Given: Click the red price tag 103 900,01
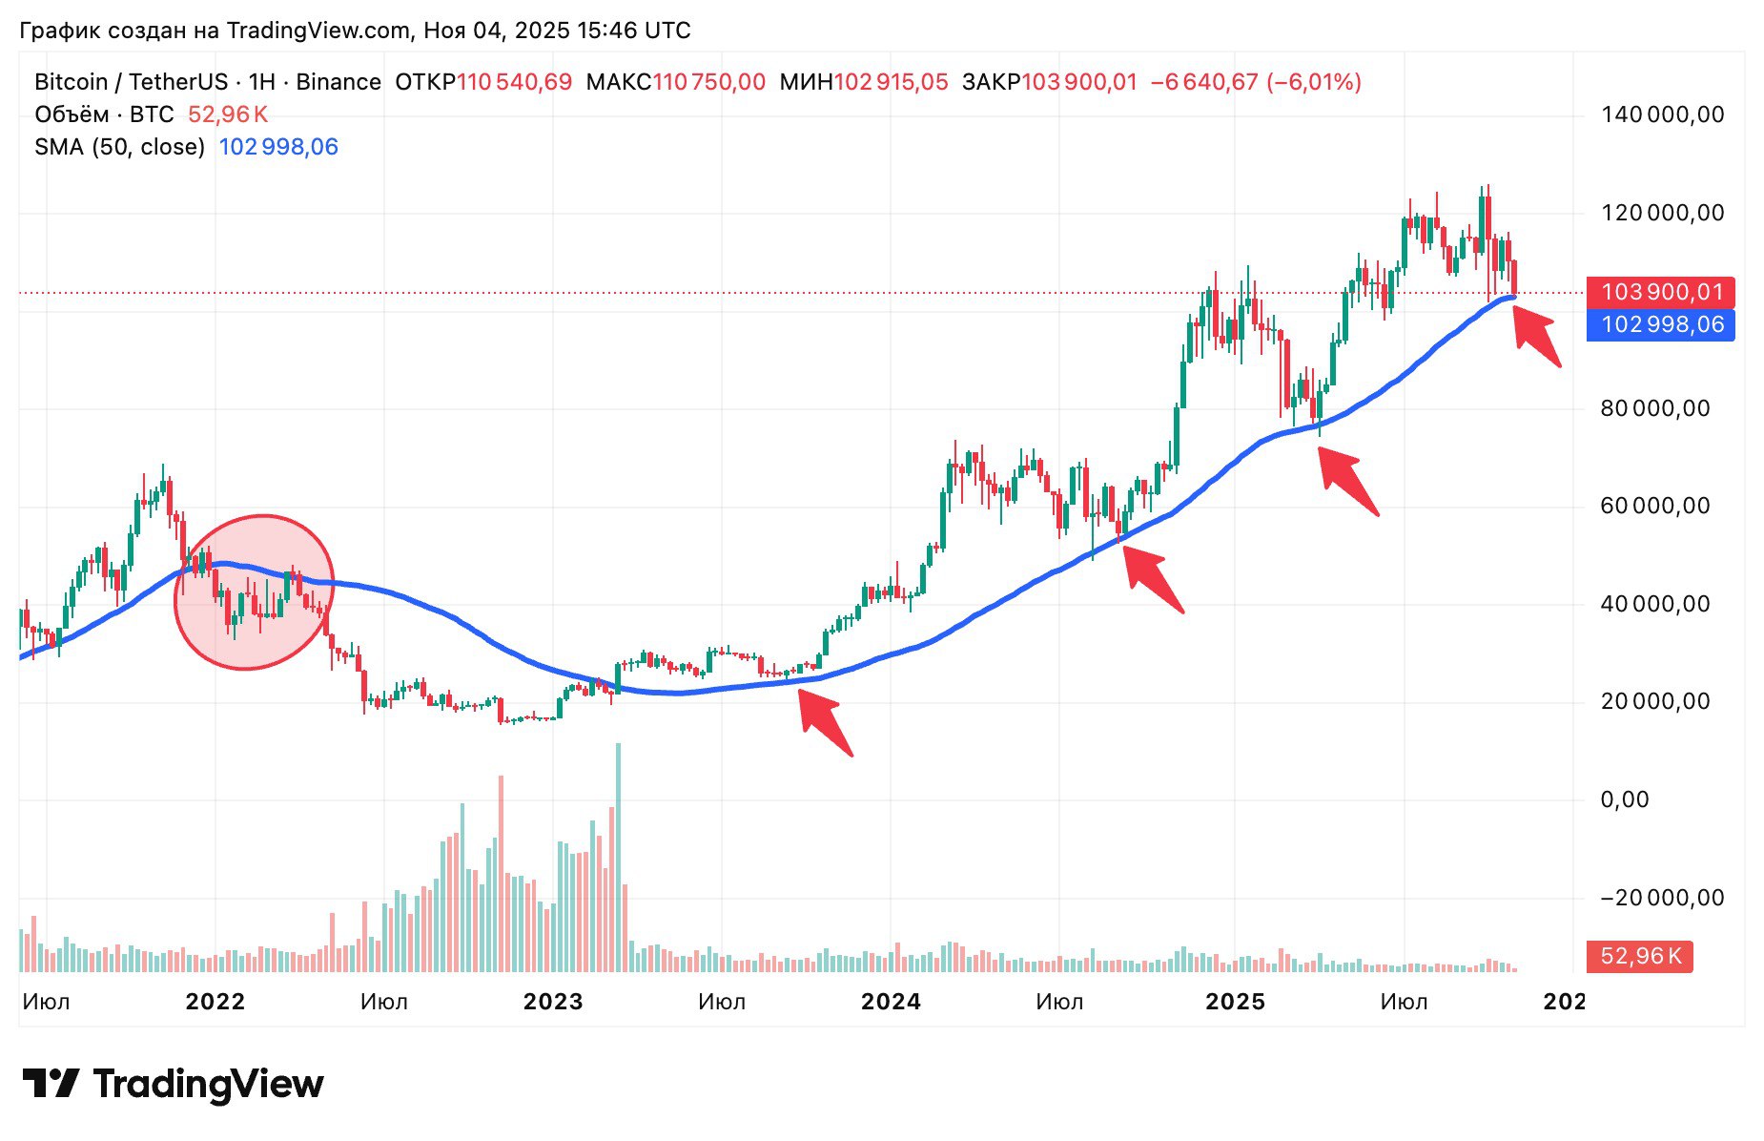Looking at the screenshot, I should pos(1660,292).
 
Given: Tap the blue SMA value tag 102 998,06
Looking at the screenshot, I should pos(1660,325).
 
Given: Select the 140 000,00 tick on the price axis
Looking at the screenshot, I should pos(1662,115).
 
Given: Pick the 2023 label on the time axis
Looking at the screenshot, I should pos(553,1002).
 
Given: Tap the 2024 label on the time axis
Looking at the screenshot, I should pos(891,1002).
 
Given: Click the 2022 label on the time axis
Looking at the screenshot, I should pos(215,1002).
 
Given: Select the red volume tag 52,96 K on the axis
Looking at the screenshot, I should pos(1639,956).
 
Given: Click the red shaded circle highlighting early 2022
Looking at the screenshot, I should pos(254,592).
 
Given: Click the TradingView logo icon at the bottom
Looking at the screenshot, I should pos(51,1084).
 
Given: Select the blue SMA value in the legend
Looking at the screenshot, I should pos(278,147).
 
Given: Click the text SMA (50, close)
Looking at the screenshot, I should pos(120,147).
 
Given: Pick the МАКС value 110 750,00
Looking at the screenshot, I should pos(708,82).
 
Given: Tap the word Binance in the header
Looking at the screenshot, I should pos(338,82).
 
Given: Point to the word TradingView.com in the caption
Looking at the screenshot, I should pos(318,31).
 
